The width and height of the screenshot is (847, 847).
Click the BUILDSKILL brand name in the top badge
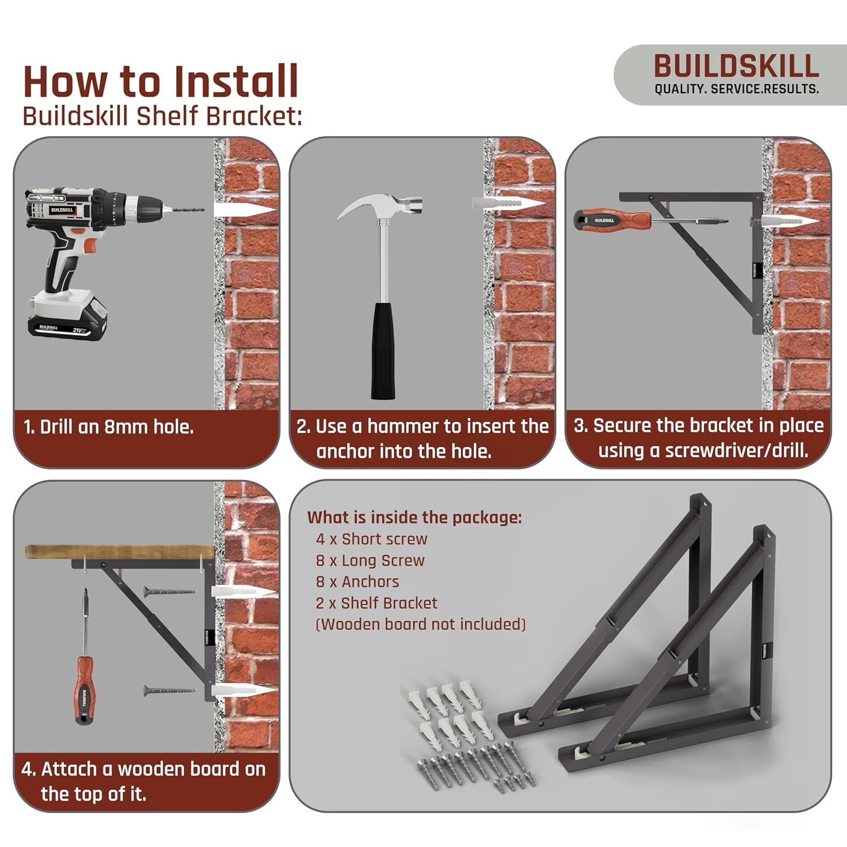736,66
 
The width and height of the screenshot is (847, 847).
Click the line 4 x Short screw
372,539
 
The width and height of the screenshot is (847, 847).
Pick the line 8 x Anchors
357,582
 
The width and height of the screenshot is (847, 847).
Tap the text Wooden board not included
421,625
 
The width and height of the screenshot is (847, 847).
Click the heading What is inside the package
414,517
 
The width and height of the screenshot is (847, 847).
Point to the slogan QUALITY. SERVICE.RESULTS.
736,89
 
